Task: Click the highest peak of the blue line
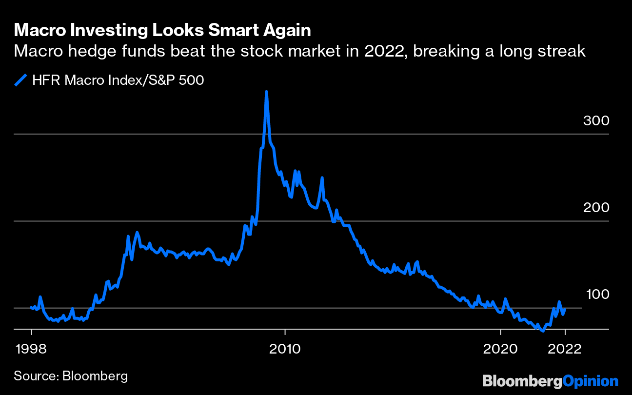pos(266,92)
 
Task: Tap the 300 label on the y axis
pos(596,120)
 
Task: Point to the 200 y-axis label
pos(596,207)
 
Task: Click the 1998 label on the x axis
pos(32,349)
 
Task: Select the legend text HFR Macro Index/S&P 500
pos(118,80)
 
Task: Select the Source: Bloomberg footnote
pos(71,376)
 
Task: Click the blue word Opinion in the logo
pos(590,381)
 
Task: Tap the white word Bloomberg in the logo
pos(522,381)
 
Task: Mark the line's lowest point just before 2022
pos(542,331)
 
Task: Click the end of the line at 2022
pos(565,309)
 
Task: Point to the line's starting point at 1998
pos(31,307)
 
